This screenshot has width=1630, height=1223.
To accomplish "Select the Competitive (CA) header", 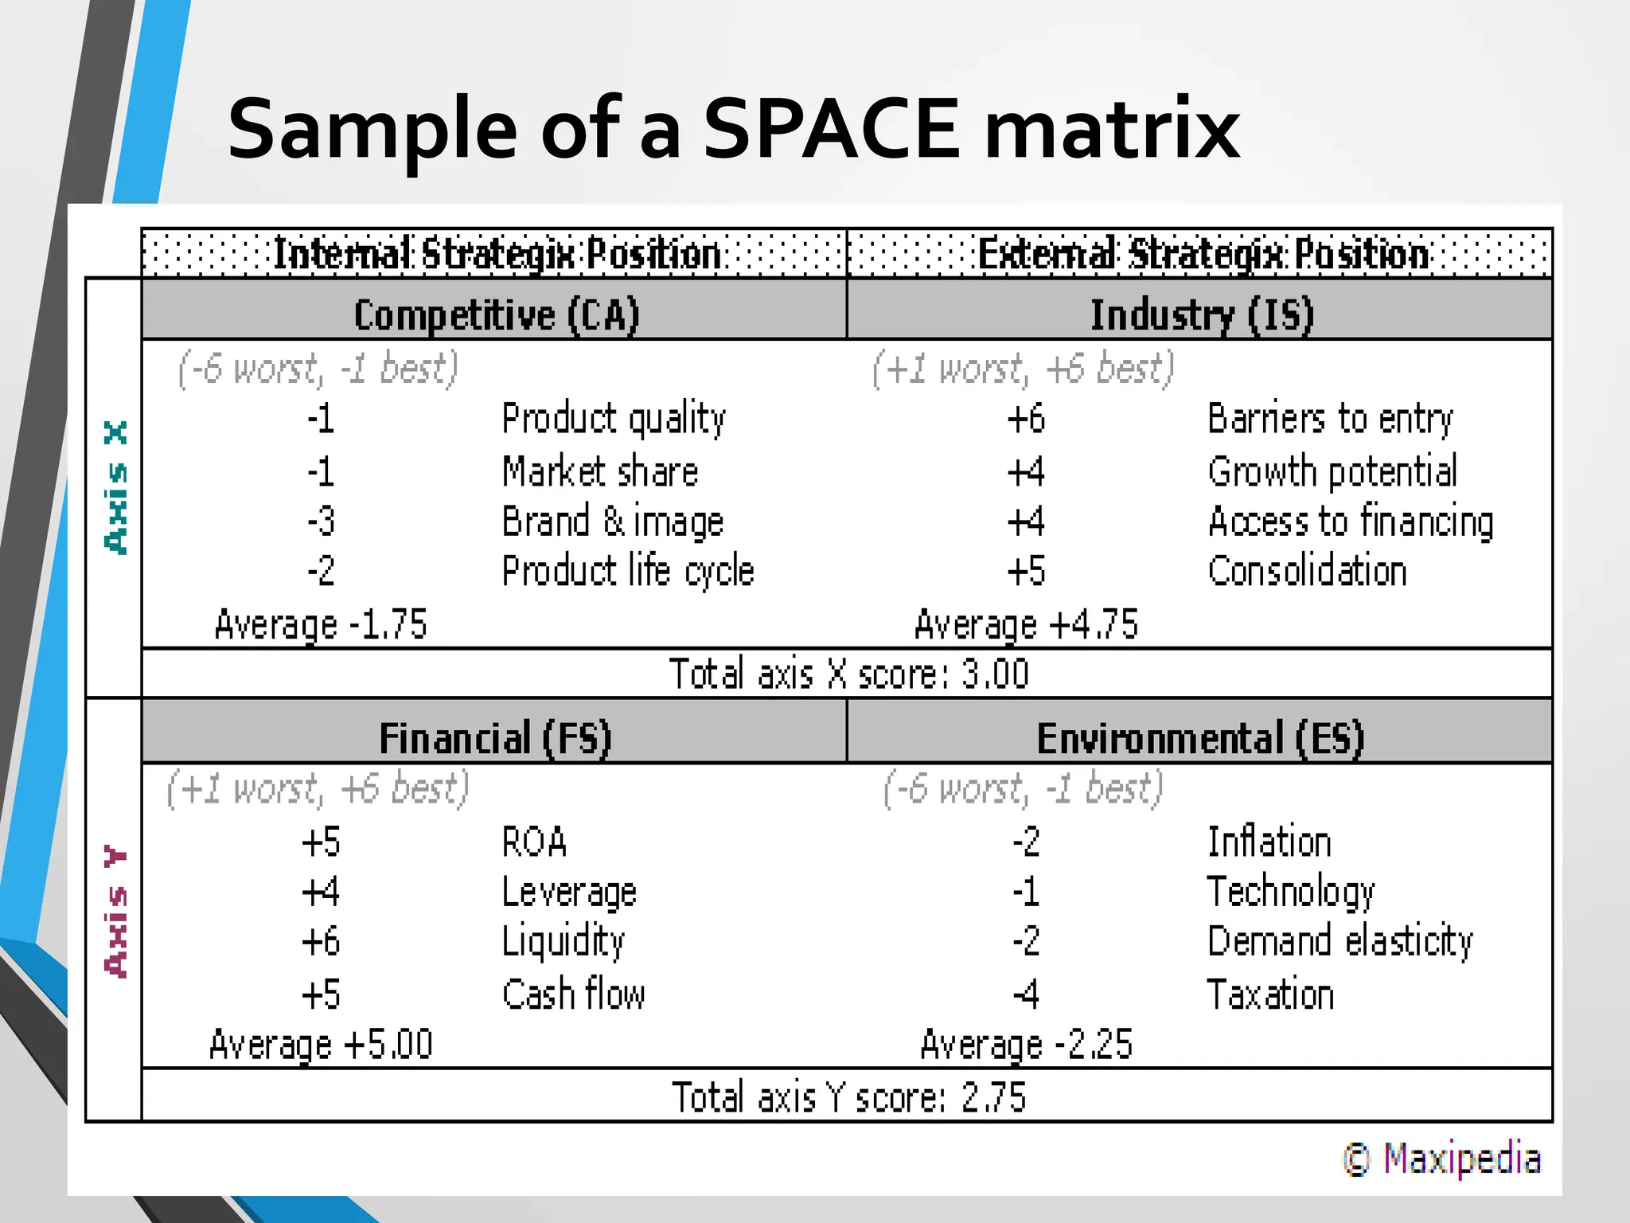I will point(497,315).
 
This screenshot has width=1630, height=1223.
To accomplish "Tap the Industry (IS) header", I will point(1201,315).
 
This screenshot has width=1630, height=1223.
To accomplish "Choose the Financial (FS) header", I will point(495,738).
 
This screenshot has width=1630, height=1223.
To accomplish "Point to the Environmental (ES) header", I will point(1200,738).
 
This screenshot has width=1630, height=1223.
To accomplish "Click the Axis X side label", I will point(116,487).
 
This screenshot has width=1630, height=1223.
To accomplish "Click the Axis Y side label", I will point(116,912).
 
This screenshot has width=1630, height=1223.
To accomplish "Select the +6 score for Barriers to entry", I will point(1026,419).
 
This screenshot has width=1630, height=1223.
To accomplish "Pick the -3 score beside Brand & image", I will point(321,522).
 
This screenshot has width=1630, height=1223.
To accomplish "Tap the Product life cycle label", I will point(627,572).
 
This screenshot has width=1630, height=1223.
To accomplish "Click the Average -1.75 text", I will point(321,624).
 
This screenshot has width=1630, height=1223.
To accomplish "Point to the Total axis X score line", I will point(848,674).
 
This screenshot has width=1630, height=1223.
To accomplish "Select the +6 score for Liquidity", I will point(321,942).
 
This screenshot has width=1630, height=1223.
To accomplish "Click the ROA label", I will point(534,842).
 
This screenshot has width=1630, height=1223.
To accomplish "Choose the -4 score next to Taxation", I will point(1026,994).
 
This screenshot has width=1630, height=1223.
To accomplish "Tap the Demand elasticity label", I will point(1339,942).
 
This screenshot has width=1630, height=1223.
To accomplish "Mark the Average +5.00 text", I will point(321,1045).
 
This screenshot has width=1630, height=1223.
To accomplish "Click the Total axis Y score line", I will point(848,1097).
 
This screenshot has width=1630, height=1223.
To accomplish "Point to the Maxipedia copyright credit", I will point(1442,1159).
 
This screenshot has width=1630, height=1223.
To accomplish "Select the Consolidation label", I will point(1307,572).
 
